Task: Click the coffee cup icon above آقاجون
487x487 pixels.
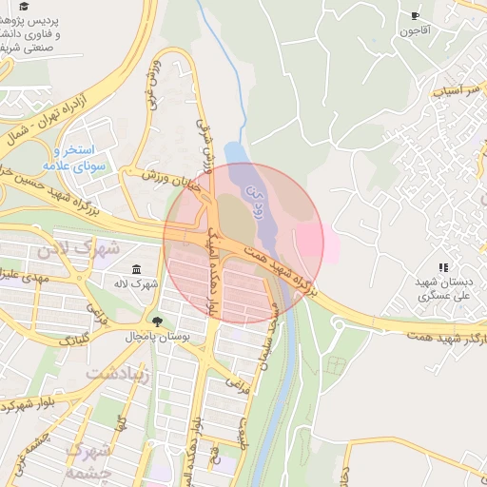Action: click(x=415, y=15)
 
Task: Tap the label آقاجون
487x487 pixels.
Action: click(x=415, y=31)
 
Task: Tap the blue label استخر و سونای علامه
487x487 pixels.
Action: click(x=85, y=158)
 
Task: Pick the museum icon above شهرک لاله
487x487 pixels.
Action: click(x=137, y=269)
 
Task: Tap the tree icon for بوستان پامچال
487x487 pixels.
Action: click(x=157, y=321)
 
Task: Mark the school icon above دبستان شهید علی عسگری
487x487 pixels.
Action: click(x=442, y=268)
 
